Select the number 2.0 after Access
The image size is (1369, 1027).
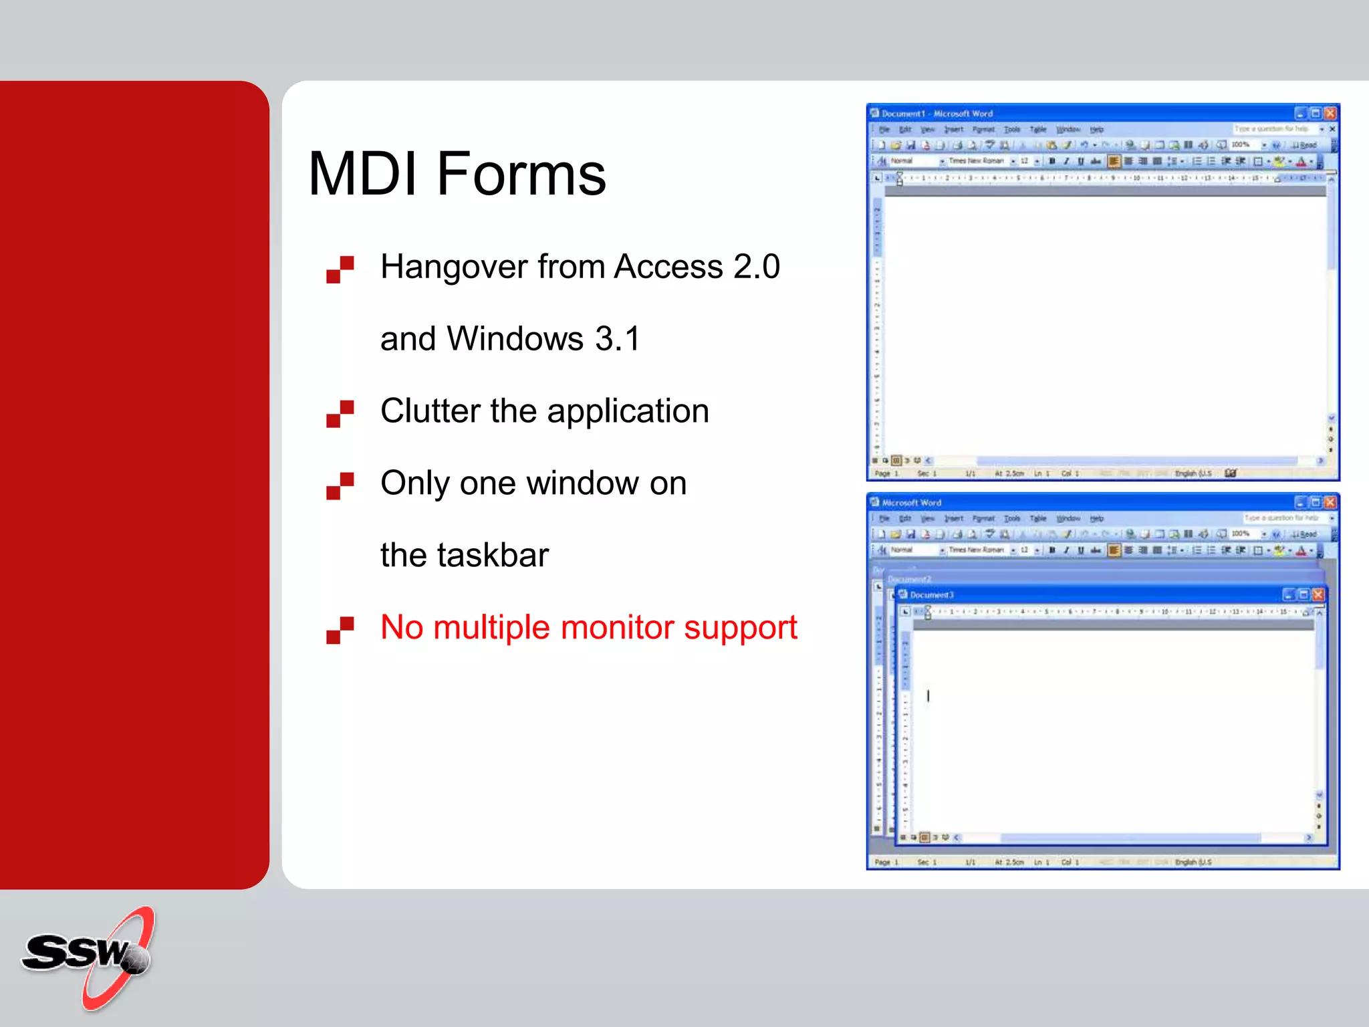point(756,267)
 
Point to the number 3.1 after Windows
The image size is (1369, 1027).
point(617,339)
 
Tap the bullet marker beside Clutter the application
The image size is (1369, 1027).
point(340,413)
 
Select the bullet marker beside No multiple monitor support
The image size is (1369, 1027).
point(340,630)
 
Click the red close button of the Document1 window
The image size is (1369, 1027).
point(1330,113)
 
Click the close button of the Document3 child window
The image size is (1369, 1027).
point(1318,594)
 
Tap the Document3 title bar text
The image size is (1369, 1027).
point(931,595)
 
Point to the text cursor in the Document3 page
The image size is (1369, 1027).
point(928,696)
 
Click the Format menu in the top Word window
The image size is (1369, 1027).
point(983,130)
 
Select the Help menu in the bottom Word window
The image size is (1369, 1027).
point(1096,519)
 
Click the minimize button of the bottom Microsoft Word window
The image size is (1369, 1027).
point(1300,502)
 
